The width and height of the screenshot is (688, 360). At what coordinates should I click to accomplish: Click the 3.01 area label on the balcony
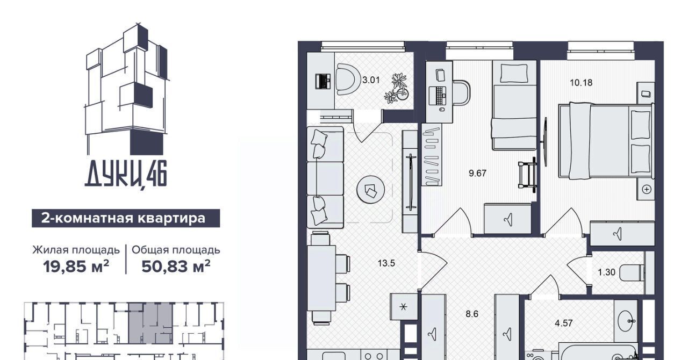coord(371,80)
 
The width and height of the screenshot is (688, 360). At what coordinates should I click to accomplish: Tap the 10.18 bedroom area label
coord(581,83)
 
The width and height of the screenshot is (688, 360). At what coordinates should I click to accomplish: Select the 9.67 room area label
coord(478,173)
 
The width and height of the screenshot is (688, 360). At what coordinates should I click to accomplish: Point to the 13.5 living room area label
coord(386,263)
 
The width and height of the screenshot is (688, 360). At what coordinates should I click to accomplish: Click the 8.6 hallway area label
coord(472,314)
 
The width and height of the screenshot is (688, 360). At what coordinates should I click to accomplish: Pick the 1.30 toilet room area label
coord(607,272)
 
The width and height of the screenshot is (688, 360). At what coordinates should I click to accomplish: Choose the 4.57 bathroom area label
coord(564,323)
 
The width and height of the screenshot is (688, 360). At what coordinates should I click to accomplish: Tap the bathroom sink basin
coord(625,321)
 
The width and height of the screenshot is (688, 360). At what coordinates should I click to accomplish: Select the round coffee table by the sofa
coord(371,189)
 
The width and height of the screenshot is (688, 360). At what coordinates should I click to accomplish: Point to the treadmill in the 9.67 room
coord(527,175)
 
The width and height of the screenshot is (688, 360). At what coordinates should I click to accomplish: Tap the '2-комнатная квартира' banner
coord(126,218)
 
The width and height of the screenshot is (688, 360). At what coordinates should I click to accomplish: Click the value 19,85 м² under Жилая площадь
coord(76,266)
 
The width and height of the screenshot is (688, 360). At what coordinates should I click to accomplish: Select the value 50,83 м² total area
coord(176,266)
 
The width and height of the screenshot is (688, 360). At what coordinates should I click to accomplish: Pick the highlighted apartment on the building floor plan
coord(150,323)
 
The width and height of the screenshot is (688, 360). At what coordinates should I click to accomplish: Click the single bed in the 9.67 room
coord(515,105)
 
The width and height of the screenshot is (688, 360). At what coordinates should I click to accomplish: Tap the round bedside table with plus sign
coord(647,190)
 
